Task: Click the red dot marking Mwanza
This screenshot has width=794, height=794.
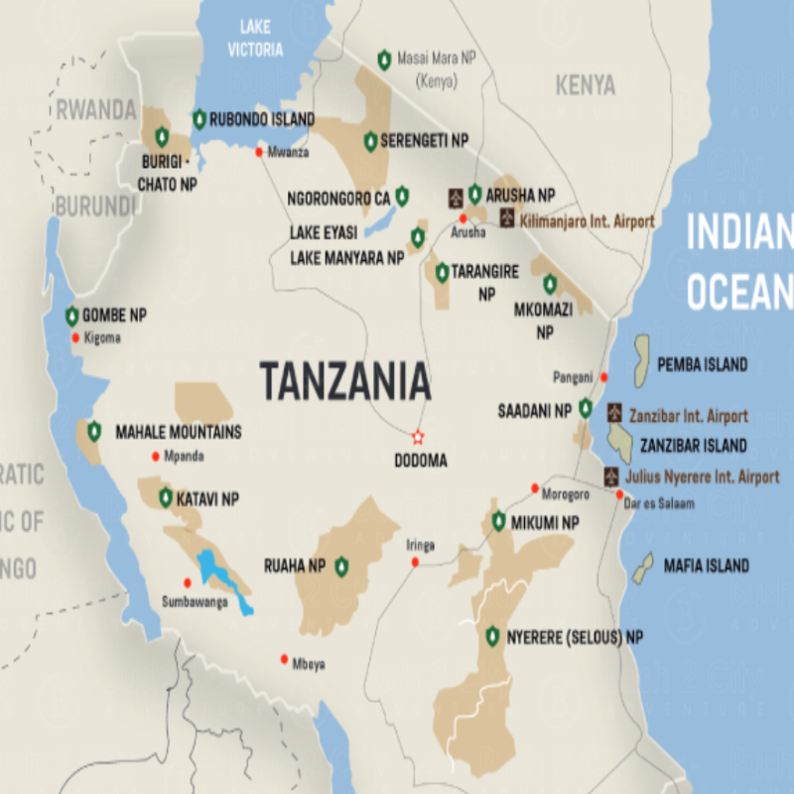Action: tap(260, 152)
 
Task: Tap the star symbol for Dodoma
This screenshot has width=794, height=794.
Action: tap(418, 437)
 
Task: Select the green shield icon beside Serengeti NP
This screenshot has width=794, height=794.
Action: tap(370, 142)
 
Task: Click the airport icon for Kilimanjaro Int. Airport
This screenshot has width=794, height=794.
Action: tap(507, 217)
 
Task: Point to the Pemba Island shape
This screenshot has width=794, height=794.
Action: tap(641, 362)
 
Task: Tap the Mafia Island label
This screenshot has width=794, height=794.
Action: tap(706, 566)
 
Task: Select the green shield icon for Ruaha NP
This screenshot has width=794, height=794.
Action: tap(341, 567)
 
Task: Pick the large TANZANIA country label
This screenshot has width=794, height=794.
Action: tap(345, 381)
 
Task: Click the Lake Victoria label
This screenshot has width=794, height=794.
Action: tap(255, 40)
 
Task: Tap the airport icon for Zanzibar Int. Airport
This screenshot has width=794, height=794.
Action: tap(614, 413)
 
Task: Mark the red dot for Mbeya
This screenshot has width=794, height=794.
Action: tap(285, 659)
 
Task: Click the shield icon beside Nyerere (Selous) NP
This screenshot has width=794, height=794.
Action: tap(492, 636)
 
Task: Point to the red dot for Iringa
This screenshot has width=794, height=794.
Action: tap(415, 563)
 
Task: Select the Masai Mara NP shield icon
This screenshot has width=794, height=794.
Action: tap(384, 61)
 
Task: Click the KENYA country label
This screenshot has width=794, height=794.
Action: tap(585, 86)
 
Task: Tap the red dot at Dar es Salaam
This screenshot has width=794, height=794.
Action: tap(620, 494)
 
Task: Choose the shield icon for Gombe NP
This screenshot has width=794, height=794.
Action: tap(71, 317)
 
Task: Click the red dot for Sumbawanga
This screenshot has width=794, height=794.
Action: tap(187, 583)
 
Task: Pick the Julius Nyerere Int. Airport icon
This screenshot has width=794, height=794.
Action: tap(611, 475)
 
